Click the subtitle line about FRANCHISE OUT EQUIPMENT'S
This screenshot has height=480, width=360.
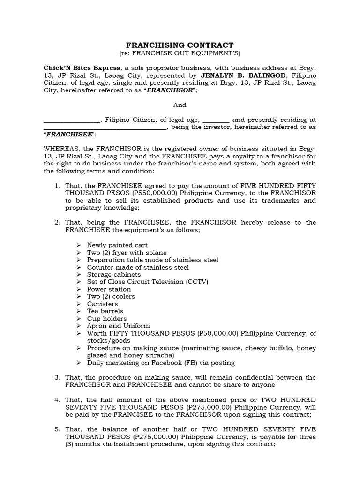click(x=180, y=53)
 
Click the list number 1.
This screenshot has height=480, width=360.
click(x=57, y=186)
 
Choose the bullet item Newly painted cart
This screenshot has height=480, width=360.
click(x=117, y=245)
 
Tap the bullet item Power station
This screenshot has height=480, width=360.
click(x=109, y=289)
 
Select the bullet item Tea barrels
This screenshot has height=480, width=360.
click(x=105, y=311)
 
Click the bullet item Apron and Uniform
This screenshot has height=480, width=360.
click(x=118, y=326)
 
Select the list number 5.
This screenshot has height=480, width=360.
click(x=57, y=429)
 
